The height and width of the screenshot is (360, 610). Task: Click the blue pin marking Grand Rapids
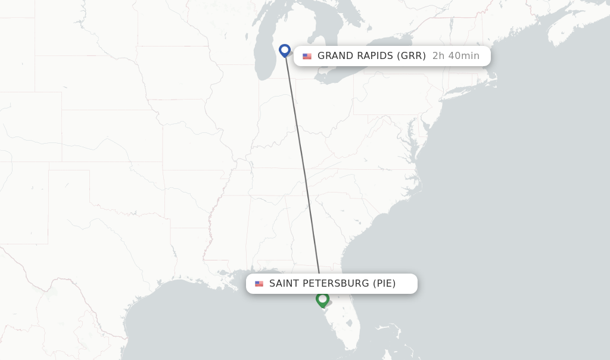click(x=285, y=50)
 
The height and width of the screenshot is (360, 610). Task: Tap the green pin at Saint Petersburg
click(x=322, y=299)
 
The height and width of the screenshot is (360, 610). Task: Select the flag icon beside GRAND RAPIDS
click(x=307, y=57)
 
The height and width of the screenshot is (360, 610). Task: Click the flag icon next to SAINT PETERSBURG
click(x=259, y=284)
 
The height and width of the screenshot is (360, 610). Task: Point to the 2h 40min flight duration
click(x=456, y=56)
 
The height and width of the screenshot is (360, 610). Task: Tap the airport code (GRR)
click(x=412, y=56)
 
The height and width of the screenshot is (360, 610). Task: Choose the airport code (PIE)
click(x=384, y=283)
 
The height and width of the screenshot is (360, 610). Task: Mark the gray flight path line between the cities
click(x=303, y=161)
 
